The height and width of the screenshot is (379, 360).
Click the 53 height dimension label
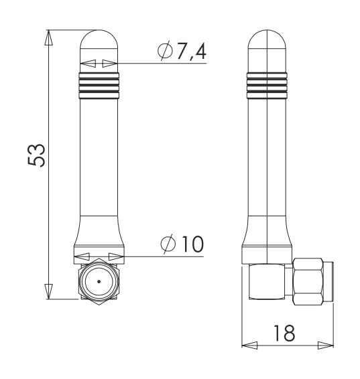(36, 155)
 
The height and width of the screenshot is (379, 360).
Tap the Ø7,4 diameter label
(182, 51)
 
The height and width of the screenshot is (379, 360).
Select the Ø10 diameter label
(182, 244)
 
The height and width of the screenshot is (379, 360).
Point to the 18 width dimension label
(284, 333)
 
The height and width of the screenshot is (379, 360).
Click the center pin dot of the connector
(99, 281)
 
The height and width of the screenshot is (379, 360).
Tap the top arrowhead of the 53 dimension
(49, 37)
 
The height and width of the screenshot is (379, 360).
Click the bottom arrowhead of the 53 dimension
(49, 291)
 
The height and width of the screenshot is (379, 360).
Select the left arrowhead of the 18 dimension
(249, 346)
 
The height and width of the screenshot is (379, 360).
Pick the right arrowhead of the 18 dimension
(326, 346)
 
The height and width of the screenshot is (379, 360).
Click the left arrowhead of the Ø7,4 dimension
(88, 64)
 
